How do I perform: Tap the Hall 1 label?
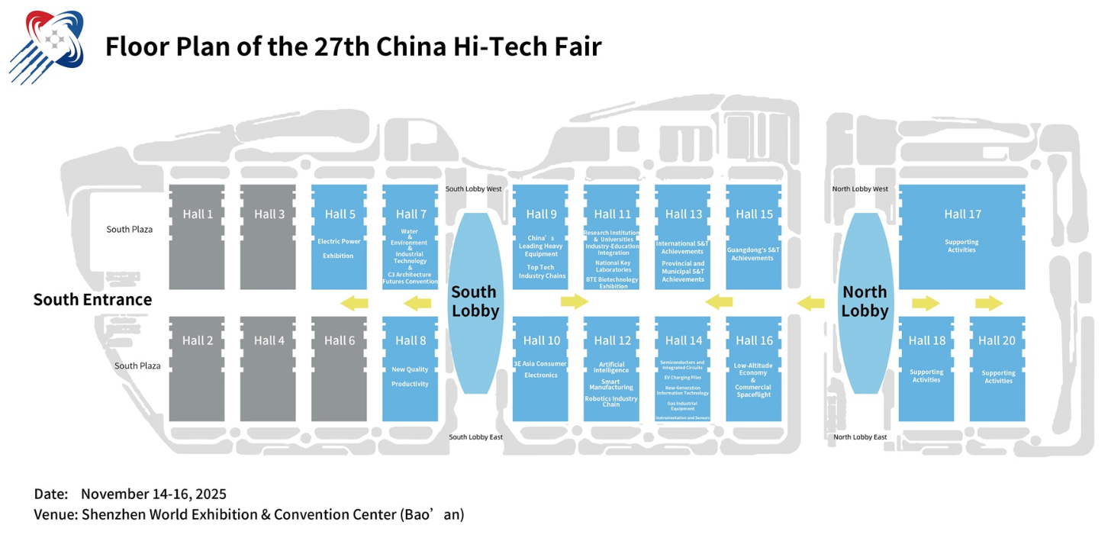coord(198,214)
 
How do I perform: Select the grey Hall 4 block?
coord(268,369)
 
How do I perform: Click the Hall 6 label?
coord(340,340)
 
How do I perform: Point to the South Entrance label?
coord(92,300)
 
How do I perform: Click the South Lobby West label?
coord(473,188)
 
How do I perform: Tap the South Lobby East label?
coord(475,437)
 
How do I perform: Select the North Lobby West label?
coord(860,188)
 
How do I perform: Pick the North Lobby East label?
coord(859,437)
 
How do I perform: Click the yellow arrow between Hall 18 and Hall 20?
coord(989,304)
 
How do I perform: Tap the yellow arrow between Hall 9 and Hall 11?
coord(575,302)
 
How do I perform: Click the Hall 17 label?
coord(962,214)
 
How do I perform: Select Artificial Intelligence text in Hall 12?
coord(612,368)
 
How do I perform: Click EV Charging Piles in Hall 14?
coord(682,377)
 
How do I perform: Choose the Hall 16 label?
coord(754,340)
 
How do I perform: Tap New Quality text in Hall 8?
coord(410,370)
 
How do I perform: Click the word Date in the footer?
coord(51,494)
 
